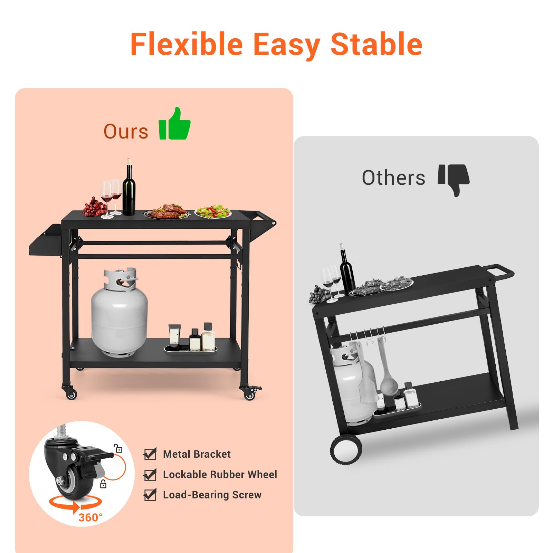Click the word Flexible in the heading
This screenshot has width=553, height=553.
coord(187,44)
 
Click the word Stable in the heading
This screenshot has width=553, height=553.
coord(376,44)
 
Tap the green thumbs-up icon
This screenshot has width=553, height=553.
coord(174,124)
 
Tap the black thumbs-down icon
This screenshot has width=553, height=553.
coord(454,179)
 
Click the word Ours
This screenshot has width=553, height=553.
coord(126,132)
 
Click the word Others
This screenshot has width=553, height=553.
coord(393,178)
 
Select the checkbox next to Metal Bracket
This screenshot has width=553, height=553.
coord(150,454)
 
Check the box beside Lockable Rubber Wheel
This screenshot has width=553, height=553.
coord(150,475)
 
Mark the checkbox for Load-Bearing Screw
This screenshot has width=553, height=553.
coord(150,495)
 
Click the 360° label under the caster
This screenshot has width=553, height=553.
coord(90,517)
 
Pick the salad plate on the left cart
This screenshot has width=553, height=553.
coord(213,211)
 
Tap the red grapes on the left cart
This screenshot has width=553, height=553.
coord(94,207)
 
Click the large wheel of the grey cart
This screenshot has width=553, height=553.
coord(346,450)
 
